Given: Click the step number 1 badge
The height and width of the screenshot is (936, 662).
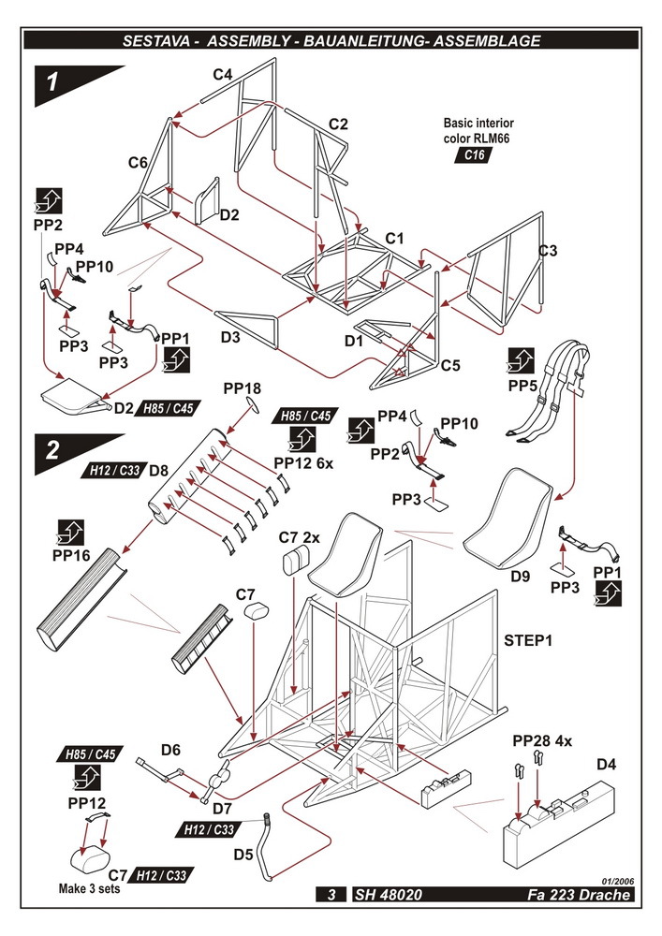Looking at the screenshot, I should coord(54,81).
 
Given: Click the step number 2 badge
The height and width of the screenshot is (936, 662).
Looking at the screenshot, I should coord(54,449).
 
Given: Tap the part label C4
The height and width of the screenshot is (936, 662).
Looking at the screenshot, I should coord(222,74).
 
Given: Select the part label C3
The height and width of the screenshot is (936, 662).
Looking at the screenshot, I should coord(548,251).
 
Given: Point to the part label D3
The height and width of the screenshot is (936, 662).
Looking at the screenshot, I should coord(230,336).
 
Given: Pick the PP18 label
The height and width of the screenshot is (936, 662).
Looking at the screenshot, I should coord(242,388).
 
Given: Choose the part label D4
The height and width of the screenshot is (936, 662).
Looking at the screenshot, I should coord(607,765).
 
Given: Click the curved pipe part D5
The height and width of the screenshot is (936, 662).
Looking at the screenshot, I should coord(271,848).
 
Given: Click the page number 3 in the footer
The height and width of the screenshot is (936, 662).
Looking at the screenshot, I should coord(331,895).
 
